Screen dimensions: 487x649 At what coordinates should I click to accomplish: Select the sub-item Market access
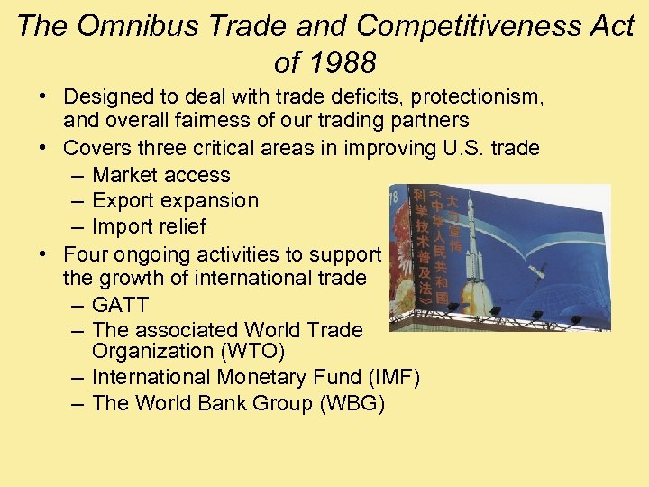click(160, 175)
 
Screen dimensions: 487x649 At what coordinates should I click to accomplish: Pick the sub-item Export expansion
click(175, 200)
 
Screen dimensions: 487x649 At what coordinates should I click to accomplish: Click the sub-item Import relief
click(149, 226)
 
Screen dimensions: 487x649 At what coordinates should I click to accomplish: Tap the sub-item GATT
click(120, 305)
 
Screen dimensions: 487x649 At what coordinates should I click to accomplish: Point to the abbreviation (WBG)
click(352, 403)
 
